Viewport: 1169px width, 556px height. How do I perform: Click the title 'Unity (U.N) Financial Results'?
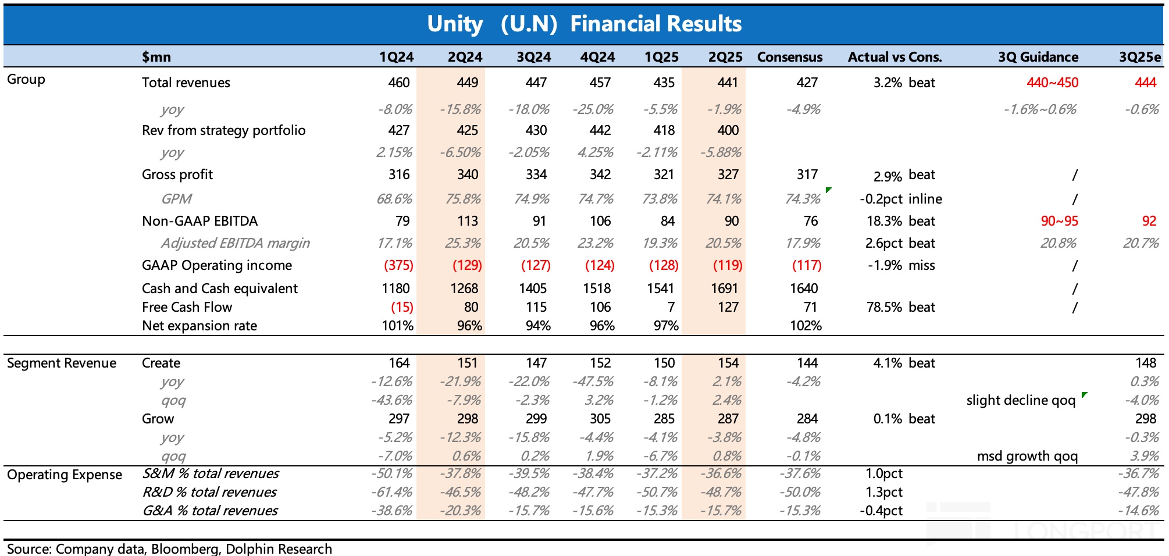[x=584, y=24]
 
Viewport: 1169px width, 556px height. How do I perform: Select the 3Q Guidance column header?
[x=1038, y=57]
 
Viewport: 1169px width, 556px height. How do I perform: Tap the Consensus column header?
[x=789, y=57]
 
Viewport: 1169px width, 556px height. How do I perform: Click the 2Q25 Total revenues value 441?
[x=727, y=83]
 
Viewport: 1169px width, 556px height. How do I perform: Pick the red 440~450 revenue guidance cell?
[x=1052, y=83]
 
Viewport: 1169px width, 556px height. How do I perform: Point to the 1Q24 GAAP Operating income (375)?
[x=398, y=265]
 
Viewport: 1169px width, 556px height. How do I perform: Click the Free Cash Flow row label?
[x=187, y=307]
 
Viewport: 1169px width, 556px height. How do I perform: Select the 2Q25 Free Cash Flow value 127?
[x=728, y=307]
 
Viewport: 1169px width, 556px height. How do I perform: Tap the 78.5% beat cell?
[x=900, y=307]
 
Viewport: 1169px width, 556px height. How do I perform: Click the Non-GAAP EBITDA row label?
[x=199, y=221]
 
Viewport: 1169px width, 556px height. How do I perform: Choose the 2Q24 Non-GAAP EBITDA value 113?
[x=467, y=221]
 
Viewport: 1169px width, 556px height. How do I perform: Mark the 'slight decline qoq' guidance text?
[x=1021, y=400]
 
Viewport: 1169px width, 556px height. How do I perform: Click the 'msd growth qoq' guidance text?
[x=1027, y=456]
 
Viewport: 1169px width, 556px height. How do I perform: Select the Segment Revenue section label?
[x=62, y=363]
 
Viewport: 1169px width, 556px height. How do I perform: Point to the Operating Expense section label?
[x=65, y=475]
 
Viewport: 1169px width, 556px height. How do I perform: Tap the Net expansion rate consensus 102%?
[x=806, y=326]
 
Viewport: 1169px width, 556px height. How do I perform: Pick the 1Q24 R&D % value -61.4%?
[x=392, y=492]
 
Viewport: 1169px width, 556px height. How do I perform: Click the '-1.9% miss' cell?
[x=901, y=265]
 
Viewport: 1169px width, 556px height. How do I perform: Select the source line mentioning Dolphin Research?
[x=169, y=548]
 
